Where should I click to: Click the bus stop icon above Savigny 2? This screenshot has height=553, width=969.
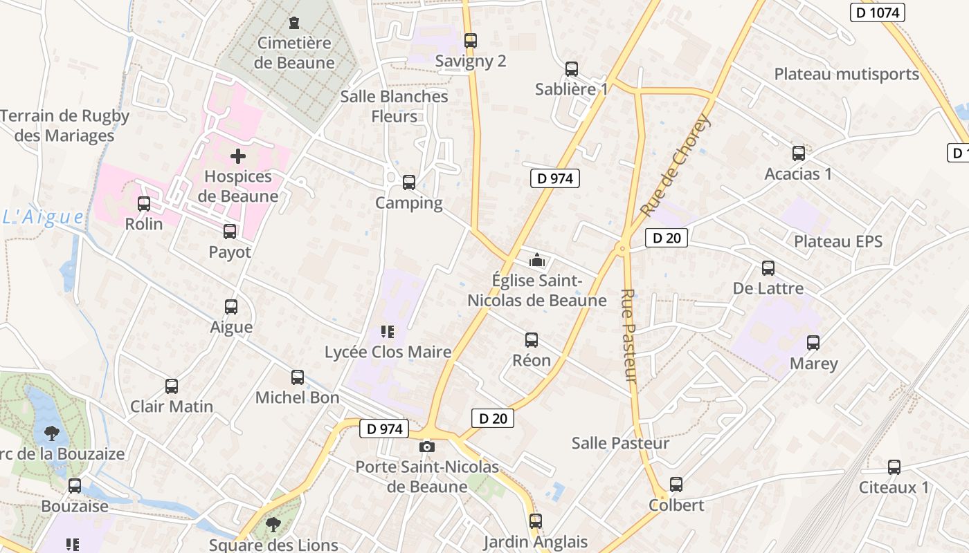pyautogui.click(x=471, y=41)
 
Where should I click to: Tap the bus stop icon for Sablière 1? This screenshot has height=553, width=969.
pyautogui.click(x=572, y=69)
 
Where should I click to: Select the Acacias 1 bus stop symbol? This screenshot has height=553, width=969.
pyautogui.click(x=799, y=153)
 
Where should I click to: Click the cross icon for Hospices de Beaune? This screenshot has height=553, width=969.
pyautogui.click(x=238, y=156)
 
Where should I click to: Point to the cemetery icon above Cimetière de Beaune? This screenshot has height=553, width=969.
pyautogui.click(x=295, y=23)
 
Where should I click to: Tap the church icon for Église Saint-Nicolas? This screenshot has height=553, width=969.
pyautogui.click(x=537, y=261)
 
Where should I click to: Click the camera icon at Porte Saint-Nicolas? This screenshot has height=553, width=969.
pyautogui.click(x=427, y=447)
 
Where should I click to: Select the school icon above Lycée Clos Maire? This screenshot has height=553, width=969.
pyautogui.click(x=388, y=332)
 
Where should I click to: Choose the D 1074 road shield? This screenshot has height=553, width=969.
pyautogui.click(x=878, y=12)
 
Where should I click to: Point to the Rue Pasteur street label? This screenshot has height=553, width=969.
pyautogui.click(x=629, y=335)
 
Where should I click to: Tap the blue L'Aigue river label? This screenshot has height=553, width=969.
pyautogui.click(x=43, y=217)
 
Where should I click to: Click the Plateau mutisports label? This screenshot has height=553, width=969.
pyautogui.click(x=846, y=74)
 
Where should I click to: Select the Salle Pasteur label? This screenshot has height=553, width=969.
pyautogui.click(x=620, y=443)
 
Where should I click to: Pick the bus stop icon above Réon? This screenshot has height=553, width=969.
pyautogui.click(x=532, y=340)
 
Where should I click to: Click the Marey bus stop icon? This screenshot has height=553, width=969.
pyautogui.click(x=813, y=343)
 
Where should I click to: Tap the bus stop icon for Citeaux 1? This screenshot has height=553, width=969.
pyautogui.click(x=894, y=467)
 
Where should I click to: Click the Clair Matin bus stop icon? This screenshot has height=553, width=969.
pyautogui.click(x=172, y=386)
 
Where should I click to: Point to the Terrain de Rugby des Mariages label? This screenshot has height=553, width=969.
pyautogui.click(x=64, y=125)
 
